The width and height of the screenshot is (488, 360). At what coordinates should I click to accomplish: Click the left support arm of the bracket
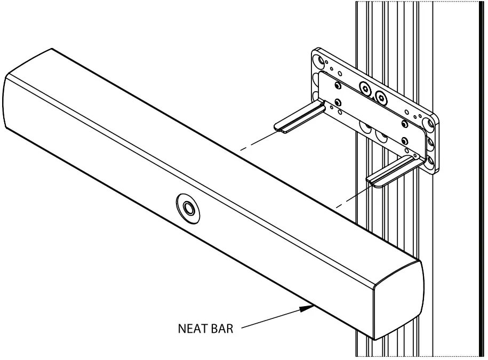tap(299, 118)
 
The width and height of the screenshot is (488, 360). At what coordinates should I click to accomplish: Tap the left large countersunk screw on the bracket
tap(365, 89)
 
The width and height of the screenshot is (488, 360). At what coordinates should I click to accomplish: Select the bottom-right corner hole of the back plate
tap(429, 161)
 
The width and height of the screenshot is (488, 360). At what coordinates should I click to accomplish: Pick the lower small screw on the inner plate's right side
tap(404, 141)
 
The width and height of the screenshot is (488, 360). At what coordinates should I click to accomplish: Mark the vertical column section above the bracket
tap(395, 27)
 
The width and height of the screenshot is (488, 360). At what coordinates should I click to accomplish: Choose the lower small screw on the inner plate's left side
tap(337, 102)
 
